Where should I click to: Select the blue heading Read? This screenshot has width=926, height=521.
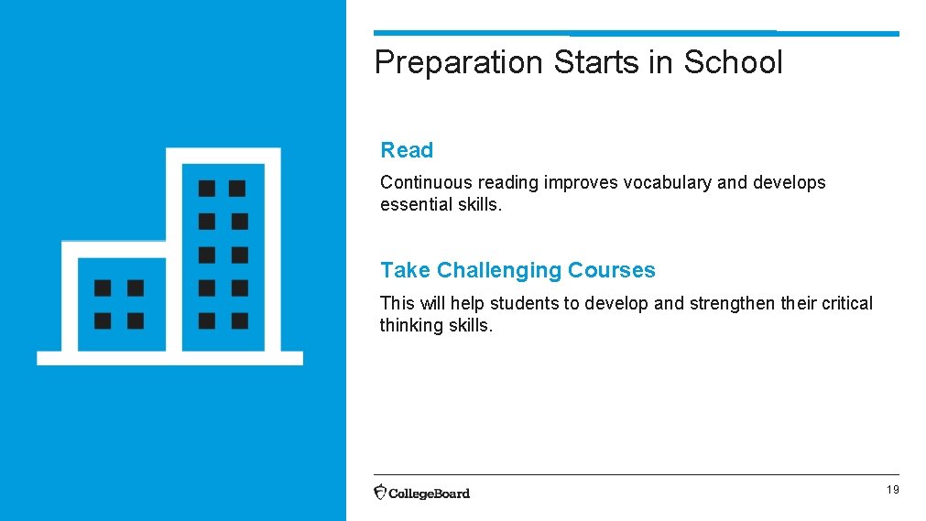[407, 150]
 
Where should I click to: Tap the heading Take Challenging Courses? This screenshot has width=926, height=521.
[517, 270]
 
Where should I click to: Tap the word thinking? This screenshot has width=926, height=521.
[409, 325]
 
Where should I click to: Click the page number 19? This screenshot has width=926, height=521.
[892, 491]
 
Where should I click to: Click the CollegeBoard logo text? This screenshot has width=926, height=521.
[429, 494]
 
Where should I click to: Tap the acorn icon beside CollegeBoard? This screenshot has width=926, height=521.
[380, 492]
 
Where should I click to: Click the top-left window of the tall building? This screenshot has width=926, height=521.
[207, 189]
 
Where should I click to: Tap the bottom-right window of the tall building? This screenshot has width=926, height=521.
[239, 320]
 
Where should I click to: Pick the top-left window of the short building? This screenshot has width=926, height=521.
[103, 288]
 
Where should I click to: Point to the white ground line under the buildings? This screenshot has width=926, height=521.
[169, 358]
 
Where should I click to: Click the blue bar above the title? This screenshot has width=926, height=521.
[636, 34]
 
